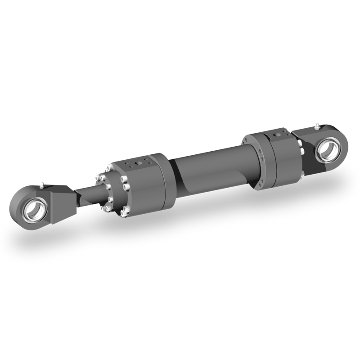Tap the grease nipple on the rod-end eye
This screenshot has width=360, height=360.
coord(41,184)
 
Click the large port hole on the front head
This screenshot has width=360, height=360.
coord(139,161)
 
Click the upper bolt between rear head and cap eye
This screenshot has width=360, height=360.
coord(299,143)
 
